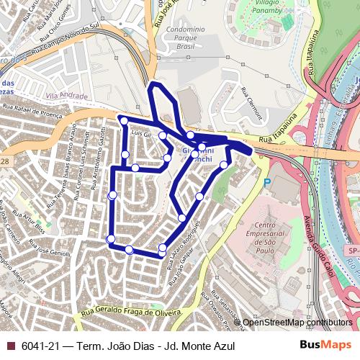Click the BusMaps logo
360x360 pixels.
point(325,345)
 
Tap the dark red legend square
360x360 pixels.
point(10,346)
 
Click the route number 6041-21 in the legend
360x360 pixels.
point(41,346)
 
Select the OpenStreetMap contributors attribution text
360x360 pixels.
point(297,323)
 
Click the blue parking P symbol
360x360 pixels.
point(267,183)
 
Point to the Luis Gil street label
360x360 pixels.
point(140,134)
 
